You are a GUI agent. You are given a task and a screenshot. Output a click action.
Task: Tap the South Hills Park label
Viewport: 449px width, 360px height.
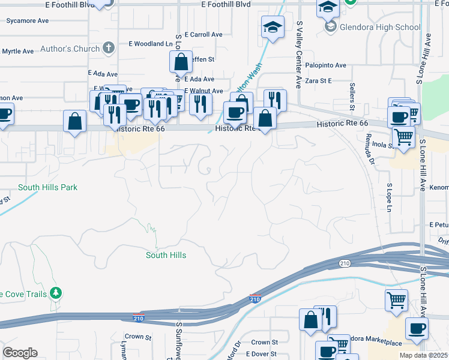[48, 187]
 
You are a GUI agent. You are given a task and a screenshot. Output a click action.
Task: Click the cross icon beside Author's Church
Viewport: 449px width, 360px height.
[109, 48]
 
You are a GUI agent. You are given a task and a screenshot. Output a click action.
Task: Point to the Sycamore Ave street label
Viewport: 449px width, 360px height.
[28, 20]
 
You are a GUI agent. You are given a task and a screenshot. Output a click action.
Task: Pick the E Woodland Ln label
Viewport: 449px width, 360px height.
[150, 44]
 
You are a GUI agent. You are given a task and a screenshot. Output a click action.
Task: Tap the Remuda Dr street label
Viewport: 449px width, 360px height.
[370, 154]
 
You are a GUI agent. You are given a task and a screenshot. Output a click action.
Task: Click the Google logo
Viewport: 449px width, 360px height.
[20, 353]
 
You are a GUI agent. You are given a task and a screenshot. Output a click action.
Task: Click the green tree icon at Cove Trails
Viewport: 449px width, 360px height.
[56, 293]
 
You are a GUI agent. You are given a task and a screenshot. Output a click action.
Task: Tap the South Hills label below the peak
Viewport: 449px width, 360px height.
[166, 255]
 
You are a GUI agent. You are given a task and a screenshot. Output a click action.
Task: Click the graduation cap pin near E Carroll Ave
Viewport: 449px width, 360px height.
[273, 28]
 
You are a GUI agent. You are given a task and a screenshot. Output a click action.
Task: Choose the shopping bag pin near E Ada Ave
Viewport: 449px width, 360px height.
[180, 61]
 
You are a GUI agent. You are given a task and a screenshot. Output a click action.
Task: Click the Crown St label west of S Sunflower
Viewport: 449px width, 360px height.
[137, 337]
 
